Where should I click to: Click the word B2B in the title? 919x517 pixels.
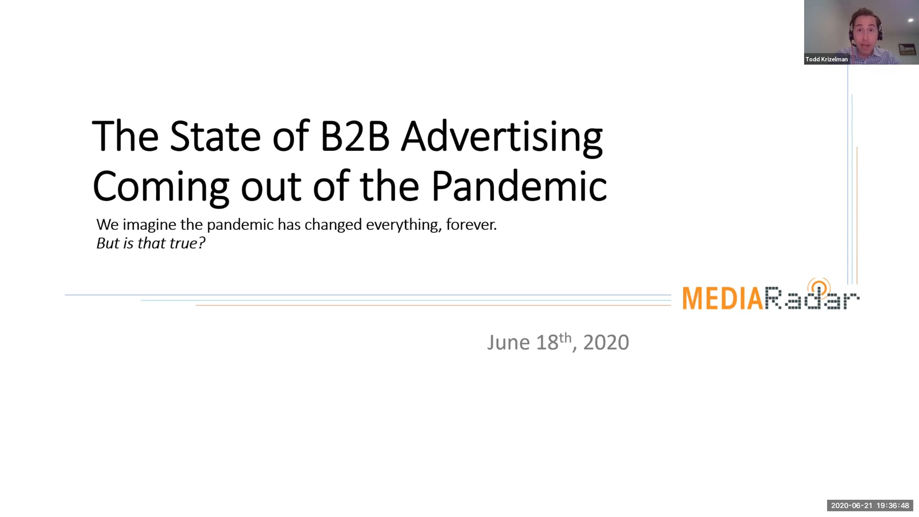click(355, 136)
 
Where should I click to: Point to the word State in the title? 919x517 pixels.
click(215, 136)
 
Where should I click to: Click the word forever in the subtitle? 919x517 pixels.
click(471, 224)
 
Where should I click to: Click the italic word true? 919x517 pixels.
click(187, 243)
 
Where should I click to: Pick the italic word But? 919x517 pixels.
click(108, 243)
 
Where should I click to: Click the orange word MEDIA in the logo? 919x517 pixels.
click(723, 298)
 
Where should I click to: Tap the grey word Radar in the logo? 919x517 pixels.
click(812, 298)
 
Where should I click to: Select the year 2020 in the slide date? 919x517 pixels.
click(606, 342)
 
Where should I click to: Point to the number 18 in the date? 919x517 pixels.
click(547, 342)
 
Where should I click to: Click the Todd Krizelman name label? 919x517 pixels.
click(826, 59)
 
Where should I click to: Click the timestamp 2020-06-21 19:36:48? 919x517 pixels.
click(870, 506)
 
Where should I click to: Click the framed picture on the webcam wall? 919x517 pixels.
click(907, 49)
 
